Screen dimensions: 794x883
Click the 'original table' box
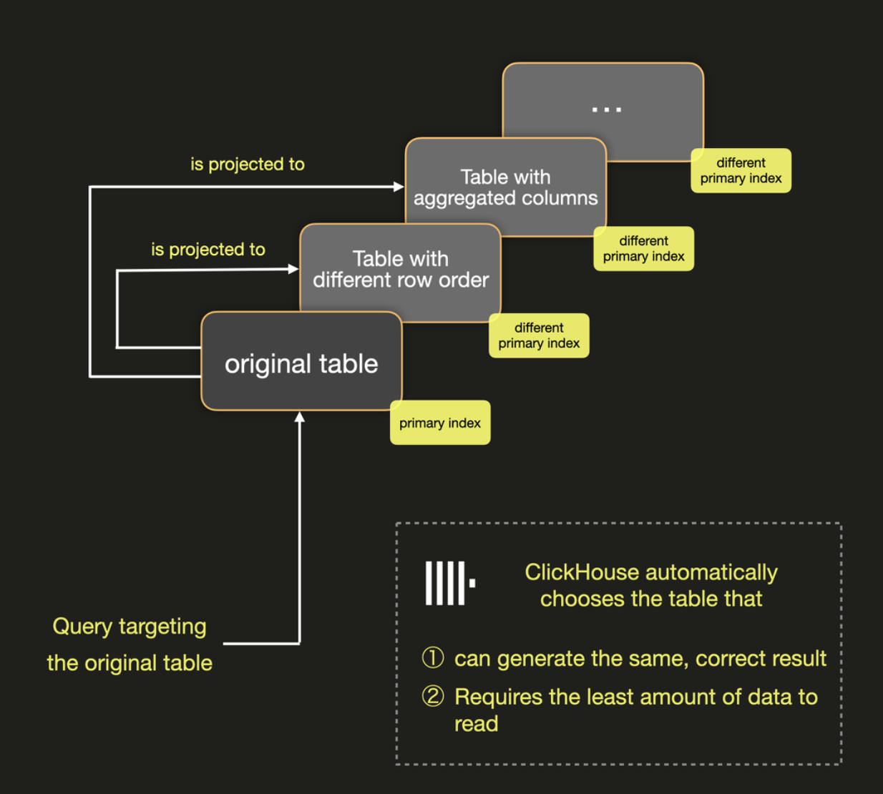301,363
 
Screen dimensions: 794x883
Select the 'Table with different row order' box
400,270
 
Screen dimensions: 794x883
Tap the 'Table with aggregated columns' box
505,187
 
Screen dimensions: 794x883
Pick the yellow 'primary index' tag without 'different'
440,423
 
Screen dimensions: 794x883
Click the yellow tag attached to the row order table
539,335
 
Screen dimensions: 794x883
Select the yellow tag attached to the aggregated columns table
643,249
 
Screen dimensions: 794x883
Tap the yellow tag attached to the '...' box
741,171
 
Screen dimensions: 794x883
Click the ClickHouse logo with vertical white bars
449,583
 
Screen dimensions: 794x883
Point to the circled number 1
433,657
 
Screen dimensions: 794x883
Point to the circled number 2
433,696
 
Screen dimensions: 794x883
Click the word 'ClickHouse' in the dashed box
581,572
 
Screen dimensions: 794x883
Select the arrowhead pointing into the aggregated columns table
399,187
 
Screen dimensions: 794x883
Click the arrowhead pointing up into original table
300,417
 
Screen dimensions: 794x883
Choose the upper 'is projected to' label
248,165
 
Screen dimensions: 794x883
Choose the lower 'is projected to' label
208,250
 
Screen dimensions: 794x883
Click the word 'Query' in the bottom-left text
82,627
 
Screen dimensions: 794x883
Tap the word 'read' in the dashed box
476,724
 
